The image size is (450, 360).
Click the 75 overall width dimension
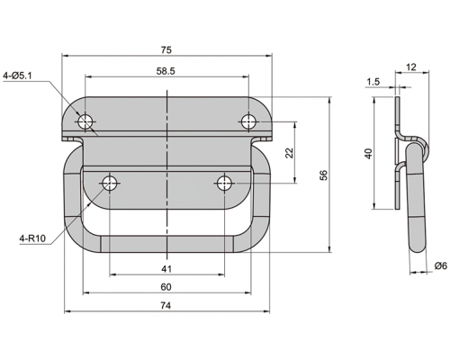coord(166,50)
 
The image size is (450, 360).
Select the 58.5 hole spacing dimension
coord(166,71)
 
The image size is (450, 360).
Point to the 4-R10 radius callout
coord(32,238)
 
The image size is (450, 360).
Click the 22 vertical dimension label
coord(289,153)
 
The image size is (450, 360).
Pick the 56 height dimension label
coord(324,175)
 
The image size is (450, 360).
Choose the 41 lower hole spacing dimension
coord(166,269)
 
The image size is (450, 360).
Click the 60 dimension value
coord(166,287)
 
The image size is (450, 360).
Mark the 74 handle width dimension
coord(166,306)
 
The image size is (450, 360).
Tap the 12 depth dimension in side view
coord(411,67)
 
